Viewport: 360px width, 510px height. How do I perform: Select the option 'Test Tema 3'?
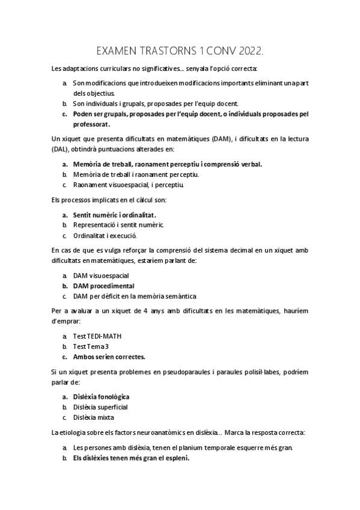pyautogui.click(x=91, y=346)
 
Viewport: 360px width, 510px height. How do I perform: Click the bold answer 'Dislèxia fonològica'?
pyautogui.click(x=101, y=397)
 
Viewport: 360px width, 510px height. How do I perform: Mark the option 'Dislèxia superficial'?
pyautogui.click(x=100, y=407)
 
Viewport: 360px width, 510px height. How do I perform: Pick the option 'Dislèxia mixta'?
pyautogui.click(x=93, y=417)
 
